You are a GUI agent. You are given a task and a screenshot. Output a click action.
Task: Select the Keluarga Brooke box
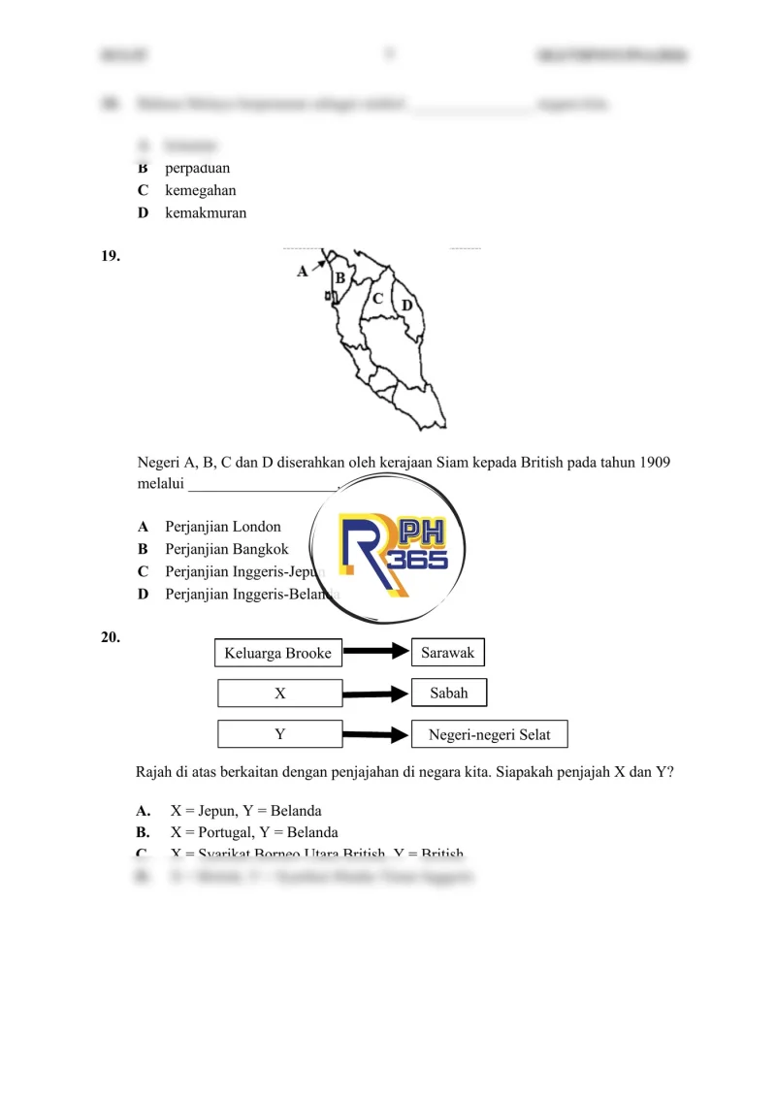tap(277, 653)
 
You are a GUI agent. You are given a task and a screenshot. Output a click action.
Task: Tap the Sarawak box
tap(448, 653)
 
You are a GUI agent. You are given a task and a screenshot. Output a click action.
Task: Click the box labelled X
tap(280, 694)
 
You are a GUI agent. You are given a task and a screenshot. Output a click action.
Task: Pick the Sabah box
tap(448, 693)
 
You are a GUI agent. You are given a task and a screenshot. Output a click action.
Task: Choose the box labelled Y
tap(280, 734)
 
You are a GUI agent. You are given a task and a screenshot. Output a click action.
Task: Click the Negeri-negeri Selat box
tap(490, 734)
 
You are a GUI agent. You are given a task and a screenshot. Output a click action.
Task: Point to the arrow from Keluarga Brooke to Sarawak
tap(377, 653)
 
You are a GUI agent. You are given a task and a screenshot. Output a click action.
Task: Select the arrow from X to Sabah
tap(377, 694)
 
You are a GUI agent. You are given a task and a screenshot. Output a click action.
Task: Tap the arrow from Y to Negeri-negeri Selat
tap(377, 735)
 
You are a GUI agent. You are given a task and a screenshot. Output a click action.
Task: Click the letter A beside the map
tap(302, 273)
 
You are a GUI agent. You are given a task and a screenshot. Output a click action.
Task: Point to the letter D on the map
tap(407, 306)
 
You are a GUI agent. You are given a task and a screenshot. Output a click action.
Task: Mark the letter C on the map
tap(378, 299)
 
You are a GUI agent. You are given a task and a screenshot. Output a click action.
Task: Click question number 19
tap(111, 256)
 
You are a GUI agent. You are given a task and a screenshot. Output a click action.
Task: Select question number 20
tap(111, 637)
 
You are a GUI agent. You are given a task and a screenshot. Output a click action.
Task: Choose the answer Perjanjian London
tap(222, 527)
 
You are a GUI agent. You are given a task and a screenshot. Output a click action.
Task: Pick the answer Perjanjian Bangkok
tap(226, 549)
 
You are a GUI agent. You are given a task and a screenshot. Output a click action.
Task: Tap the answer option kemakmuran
tap(206, 212)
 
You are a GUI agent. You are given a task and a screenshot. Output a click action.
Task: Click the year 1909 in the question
tap(655, 462)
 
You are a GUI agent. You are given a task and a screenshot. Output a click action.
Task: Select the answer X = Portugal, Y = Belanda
tap(254, 832)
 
